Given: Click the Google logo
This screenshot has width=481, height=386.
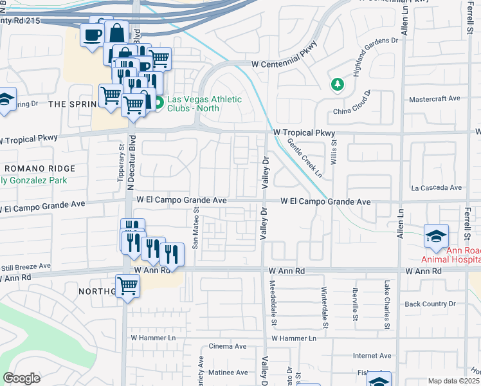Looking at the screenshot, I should (x=21, y=378).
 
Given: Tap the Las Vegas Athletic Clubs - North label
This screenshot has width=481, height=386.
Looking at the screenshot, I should (x=204, y=104).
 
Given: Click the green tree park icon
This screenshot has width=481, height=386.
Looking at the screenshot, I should (x=336, y=84).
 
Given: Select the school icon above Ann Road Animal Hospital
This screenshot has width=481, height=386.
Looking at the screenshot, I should (x=436, y=236).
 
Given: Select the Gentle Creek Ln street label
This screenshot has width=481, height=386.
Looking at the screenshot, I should (x=305, y=158).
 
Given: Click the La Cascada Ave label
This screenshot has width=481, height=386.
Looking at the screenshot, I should (x=437, y=188).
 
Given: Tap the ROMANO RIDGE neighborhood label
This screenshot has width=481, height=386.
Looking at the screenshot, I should (x=39, y=168).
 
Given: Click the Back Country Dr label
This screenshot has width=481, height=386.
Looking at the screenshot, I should (x=430, y=304).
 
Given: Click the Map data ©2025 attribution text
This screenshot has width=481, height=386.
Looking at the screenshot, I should (x=453, y=381).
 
